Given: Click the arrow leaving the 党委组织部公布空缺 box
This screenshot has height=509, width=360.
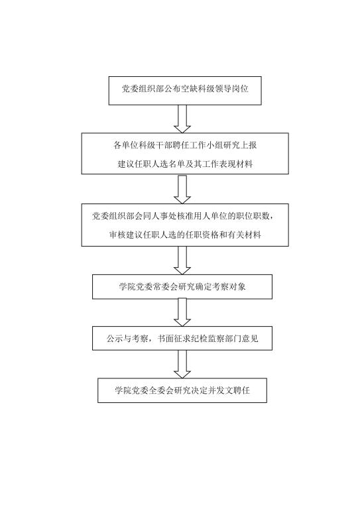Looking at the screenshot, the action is click(x=182, y=119).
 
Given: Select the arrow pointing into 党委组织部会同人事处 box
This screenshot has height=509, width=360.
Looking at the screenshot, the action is click(x=182, y=190).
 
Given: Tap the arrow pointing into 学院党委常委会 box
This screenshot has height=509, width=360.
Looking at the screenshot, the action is click(x=182, y=260).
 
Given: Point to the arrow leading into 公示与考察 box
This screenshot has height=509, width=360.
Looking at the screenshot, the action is click(x=182, y=312).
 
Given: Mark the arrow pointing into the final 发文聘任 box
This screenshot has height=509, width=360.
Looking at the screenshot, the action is click(x=182, y=365).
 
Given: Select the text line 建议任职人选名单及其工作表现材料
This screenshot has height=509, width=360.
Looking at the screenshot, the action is click(x=185, y=164).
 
